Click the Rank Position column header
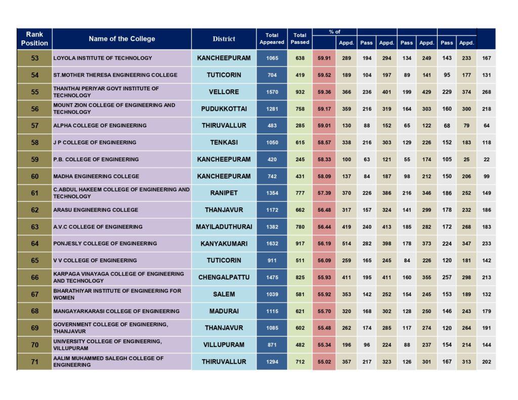pyautogui.click(x=34, y=38)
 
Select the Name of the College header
pyautogui.click(x=121, y=38)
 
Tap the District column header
pyautogui.click(x=224, y=38)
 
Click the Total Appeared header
pyautogui.click(x=272, y=38)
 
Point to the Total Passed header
pyautogui.click(x=299, y=38)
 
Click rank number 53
pyautogui.click(x=35, y=58)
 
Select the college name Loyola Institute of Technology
pyautogui.click(x=103, y=58)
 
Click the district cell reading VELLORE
pyautogui.click(x=224, y=92)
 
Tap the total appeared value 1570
pyautogui.click(x=272, y=92)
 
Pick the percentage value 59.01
pyautogui.click(x=324, y=125)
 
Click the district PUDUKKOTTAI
pyautogui.click(x=224, y=109)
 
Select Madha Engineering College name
pyautogui.click(x=96, y=176)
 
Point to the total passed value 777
pyautogui.click(x=300, y=193)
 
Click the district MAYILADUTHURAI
pyautogui.click(x=224, y=227)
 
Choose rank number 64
pyautogui.click(x=35, y=243)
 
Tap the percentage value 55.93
pyautogui.click(x=324, y=278)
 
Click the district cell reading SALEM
pyautogui.click(x=224, y=294)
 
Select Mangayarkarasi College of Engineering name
pyautogui.click(x=116, y=311)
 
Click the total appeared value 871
pyautogui.click(x=272, y=345)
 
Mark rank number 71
pyautogui.click(x=35, y=362)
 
